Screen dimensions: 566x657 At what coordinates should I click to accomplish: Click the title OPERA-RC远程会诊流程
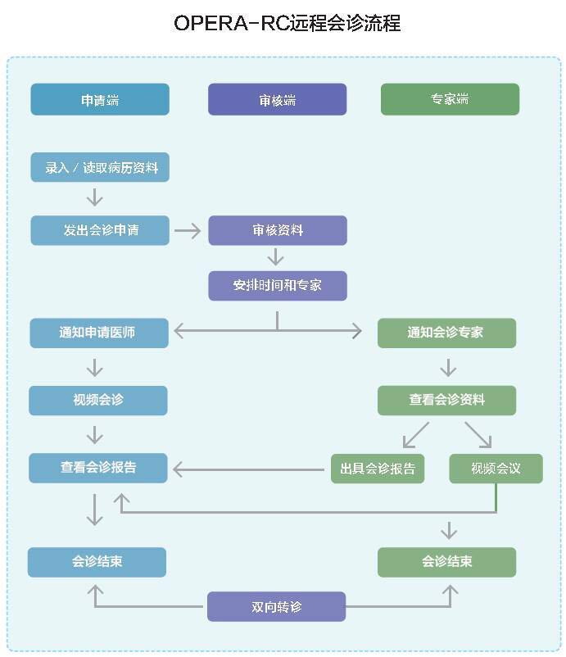[288, 23]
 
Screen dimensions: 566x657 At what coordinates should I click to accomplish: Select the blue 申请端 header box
[100, 99]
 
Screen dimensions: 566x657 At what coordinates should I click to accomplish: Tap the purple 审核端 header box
[278, 99]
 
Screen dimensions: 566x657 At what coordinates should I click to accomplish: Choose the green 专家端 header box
[450, 99]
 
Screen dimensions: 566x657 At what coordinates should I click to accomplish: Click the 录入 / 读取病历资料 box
[100, 167]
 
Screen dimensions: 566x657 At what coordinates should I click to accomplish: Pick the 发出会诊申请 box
[100, 230]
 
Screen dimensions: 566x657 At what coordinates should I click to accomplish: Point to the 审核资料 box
[278, 230]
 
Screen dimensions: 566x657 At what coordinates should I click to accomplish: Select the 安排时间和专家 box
[278, 286]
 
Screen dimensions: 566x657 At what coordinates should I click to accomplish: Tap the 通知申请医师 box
[99, 333]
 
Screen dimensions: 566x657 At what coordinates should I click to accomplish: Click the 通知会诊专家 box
[446, 333]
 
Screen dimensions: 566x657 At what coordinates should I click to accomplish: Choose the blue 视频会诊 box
[98, 401]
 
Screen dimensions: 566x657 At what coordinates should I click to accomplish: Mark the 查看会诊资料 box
[446, 401]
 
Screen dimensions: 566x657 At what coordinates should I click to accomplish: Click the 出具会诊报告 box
[378, 469]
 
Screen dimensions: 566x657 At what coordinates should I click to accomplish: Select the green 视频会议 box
[496, 469]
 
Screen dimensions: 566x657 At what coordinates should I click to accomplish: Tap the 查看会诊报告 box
[98, 468]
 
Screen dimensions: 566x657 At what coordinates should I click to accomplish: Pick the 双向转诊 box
[277, 606]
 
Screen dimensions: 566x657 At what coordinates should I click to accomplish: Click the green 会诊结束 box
[446, 562]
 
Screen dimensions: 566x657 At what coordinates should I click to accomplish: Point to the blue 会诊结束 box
[97, 562]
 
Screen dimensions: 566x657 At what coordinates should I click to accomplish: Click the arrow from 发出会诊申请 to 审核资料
[188, 230]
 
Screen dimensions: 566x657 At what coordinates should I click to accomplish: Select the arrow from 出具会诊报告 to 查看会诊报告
[248, 469]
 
